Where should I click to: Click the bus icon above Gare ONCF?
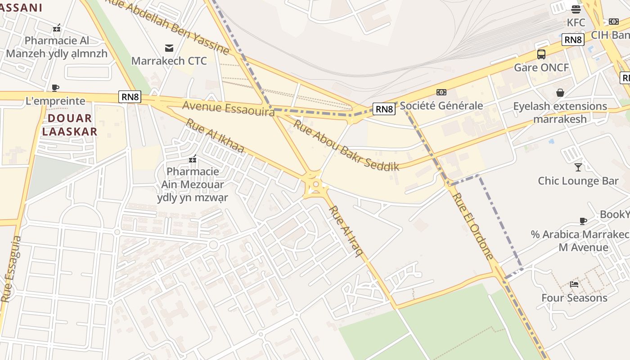[x=541, y=54]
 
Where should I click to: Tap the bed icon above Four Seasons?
[x=574, y=284]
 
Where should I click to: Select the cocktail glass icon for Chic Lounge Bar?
[x=578, y=167]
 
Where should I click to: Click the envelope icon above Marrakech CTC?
[x=169, y=48]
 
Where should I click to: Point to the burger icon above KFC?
[x=576, y=9]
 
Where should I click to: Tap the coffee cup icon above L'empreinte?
[x=55, y=88]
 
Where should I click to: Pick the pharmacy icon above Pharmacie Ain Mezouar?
[x=193, y=159]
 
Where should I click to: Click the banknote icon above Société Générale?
[x=441, y=92]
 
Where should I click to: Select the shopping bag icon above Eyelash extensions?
[x=560, y=93]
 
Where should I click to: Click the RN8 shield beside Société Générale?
[x=384, y=109]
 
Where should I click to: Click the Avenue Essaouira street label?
[x=228, y=108]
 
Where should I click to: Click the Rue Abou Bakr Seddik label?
[x=346, y=145]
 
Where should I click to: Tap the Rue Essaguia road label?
[x=11, y=269]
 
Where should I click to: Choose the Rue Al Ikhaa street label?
[x=215, y=136]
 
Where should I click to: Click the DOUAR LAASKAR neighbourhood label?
[x=70, y=125]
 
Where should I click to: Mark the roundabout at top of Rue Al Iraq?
[x=316, y=184]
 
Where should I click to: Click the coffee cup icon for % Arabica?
[x=583, y=221]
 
